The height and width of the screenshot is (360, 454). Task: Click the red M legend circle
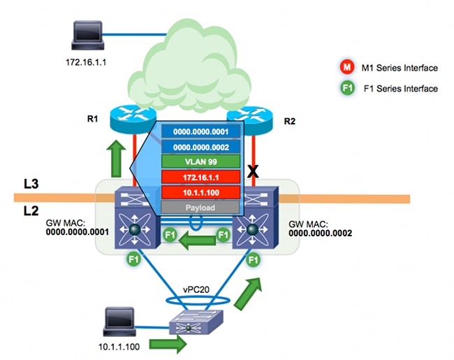345,68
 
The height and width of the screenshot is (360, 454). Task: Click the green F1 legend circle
345,88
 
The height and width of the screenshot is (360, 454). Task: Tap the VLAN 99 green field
201,160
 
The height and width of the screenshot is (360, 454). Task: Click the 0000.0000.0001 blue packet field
201,131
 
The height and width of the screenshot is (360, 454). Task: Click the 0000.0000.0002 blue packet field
201,145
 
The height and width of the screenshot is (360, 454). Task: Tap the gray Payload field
201,207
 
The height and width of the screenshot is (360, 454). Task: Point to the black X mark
255,170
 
